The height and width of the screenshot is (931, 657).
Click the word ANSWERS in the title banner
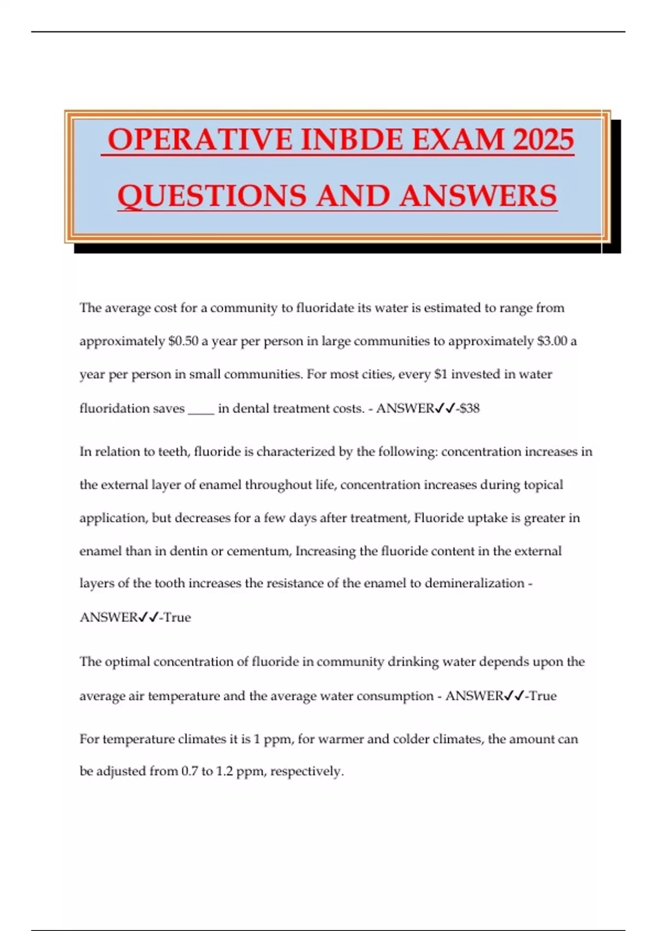tap(477, 196)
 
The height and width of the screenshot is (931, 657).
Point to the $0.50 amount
tap(183, 341)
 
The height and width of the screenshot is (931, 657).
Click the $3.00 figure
tap(552, 341)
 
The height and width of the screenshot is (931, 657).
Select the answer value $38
tap(470, 409)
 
